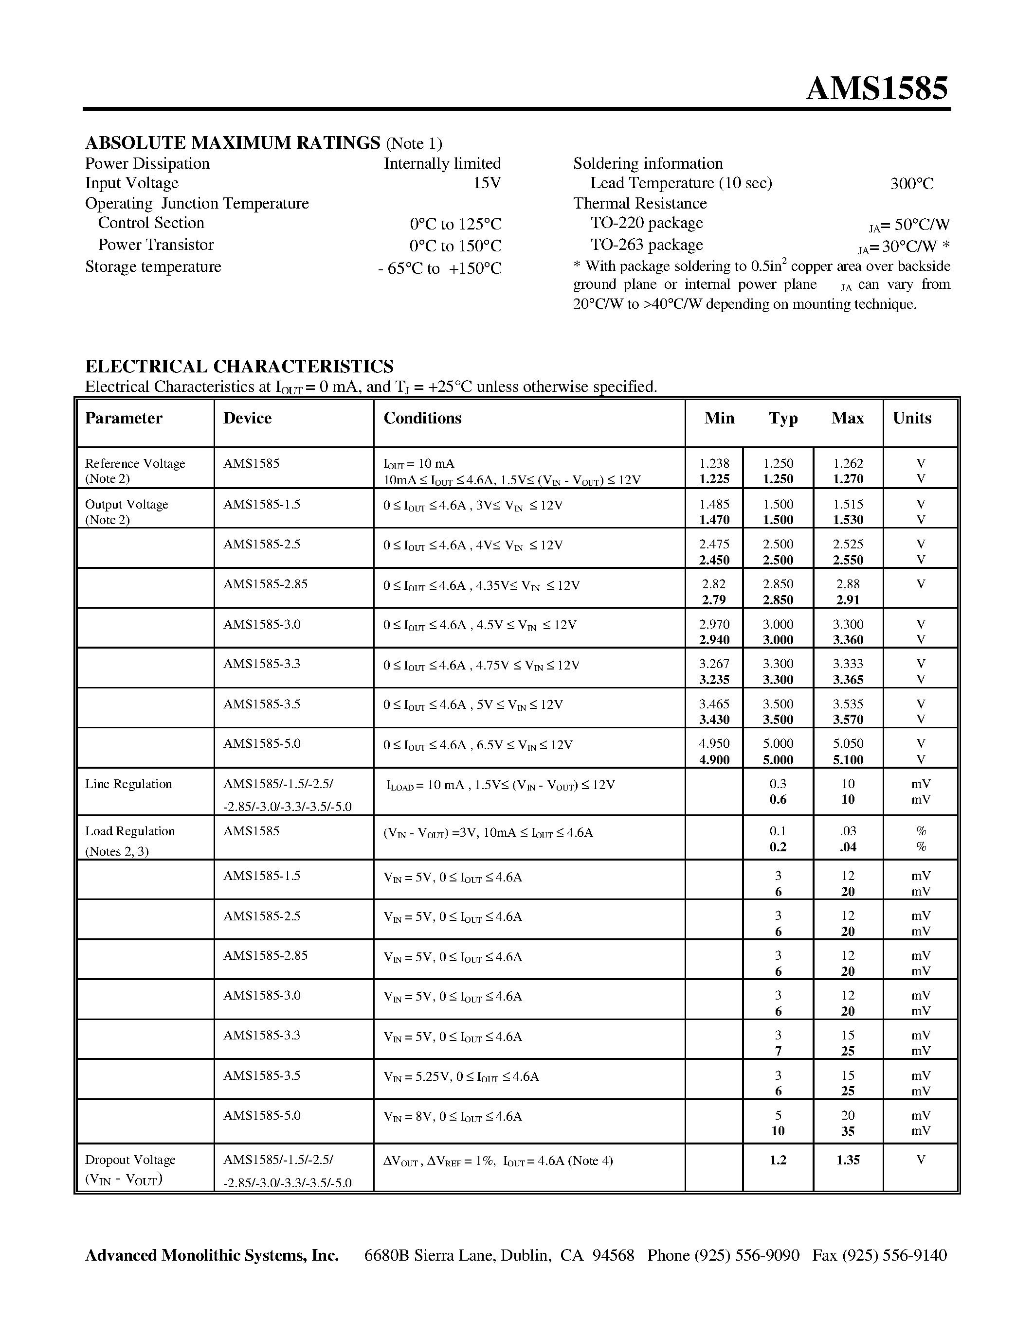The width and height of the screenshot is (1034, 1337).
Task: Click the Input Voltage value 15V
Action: click(x=487, y=183)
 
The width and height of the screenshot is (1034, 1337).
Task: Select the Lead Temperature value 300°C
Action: click(x=911, y=184)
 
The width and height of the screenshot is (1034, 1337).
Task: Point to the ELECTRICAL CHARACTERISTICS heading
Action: click(x=239, y=366)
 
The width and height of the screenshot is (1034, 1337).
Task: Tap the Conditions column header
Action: click(x=422, y=418)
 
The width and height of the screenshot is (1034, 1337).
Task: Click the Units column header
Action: click(x=911, y=418)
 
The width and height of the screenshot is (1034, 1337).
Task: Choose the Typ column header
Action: click(x=783, y=418)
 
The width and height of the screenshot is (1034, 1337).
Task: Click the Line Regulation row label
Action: click(x=128, y=784)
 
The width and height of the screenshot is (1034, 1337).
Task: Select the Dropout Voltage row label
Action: click(x=130, y=1160)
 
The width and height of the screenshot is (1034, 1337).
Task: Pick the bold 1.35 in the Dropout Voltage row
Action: click(x=848, y=1160)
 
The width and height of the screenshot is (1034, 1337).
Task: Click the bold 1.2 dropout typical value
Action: click(x=778, y=1160)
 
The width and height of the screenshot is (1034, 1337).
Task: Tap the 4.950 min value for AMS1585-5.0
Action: click(x=714, y=744)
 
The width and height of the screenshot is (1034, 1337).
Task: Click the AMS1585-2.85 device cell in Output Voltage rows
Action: click(x=265, y=584)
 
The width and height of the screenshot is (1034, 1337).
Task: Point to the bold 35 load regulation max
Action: click(x=848, y=1131)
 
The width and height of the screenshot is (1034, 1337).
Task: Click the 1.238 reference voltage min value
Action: click(x=714, y=463)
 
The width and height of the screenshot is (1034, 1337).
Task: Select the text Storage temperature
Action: click(x=153, y=267)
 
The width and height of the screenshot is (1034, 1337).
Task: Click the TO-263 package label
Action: click(x=646, y=245)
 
